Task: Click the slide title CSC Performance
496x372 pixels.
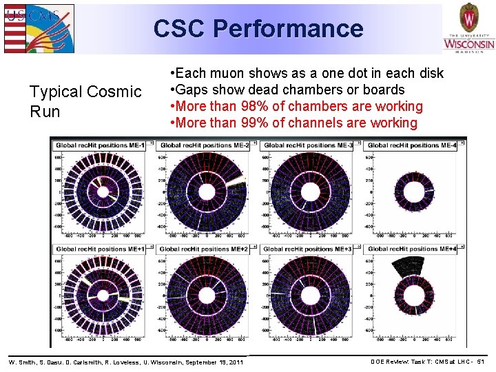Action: click(x=258, y=28)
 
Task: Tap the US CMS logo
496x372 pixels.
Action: click(x=38, y=28)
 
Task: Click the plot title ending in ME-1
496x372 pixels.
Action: click(x=101, y=145)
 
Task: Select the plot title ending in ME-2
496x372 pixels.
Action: click(x=205, y=145)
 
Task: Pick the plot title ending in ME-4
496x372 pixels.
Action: click(x=411, y=145)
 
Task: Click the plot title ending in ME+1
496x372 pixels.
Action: click(x=101, y=249)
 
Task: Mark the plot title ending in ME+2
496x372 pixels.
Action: click(x=205, y=249)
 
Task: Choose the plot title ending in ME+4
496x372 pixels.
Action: click(x=411, y=249)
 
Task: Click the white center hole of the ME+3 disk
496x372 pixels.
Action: click(x=310, y=296)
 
